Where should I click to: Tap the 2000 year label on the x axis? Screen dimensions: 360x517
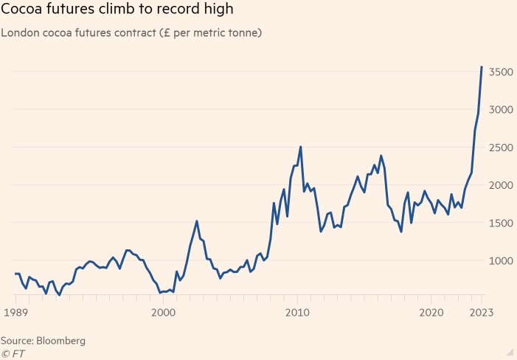click(x=163, y=313)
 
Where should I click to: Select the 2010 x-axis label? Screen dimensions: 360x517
click(x=297, y=313)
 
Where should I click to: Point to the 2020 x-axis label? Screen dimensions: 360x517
click(x=432, y=313)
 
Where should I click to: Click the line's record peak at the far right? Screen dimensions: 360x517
click(x=482, y=67)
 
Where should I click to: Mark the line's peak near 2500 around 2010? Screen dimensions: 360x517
click(x=300, y=147)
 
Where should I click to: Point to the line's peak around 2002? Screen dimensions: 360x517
click(x=197, y=221)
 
